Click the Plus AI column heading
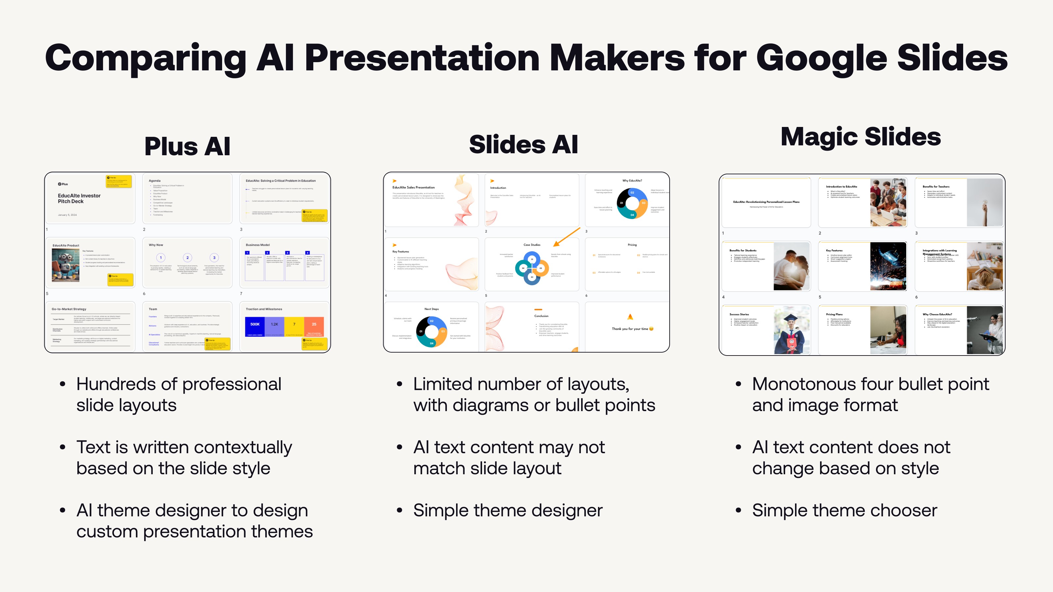[187, 146]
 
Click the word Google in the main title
[821, 59]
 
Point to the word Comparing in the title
[145, 59]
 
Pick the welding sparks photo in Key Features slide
[888, 266]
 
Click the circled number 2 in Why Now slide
[188, 258]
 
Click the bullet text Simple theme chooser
[844, 510]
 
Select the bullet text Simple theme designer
[508, 510]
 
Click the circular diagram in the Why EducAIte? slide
[632, 203]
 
